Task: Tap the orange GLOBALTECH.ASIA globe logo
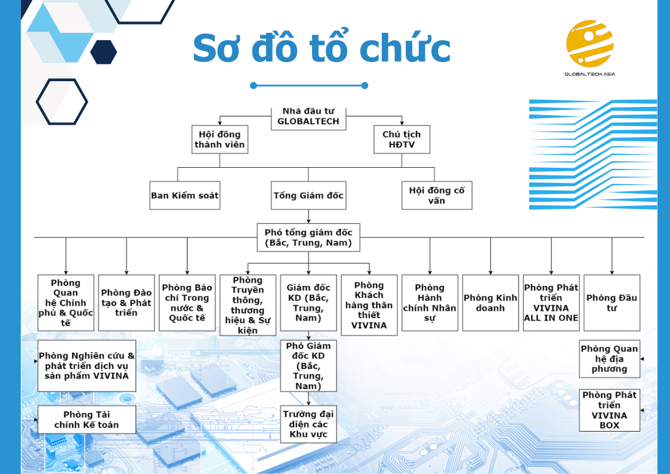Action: coord(589,43)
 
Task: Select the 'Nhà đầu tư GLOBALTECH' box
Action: coord(308,118)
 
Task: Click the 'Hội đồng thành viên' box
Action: coord(220,139)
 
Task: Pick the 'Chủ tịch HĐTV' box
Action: coord(402,139)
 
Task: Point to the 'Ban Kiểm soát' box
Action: coord(184,195)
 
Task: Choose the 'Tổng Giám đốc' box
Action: coord(308,195)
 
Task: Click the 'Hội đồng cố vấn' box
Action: coord(437,195)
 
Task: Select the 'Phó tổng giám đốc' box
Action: coord(308,238)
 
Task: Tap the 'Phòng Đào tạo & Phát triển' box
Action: coord(126,303)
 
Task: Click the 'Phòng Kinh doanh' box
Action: coord(490,303)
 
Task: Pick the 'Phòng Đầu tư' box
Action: coord(612,303)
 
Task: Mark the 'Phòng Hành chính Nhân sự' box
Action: coord(430,303)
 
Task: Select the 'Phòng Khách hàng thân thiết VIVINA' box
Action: coord(369,305)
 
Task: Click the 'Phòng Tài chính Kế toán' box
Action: coord(87,420)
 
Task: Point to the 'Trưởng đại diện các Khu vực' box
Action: coord(308,424)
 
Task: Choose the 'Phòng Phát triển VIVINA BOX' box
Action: coord(609,410)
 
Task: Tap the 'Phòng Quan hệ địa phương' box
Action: coord(609,359)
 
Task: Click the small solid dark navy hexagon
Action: coord(104,52)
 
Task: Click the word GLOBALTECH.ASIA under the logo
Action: coord(589,74)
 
